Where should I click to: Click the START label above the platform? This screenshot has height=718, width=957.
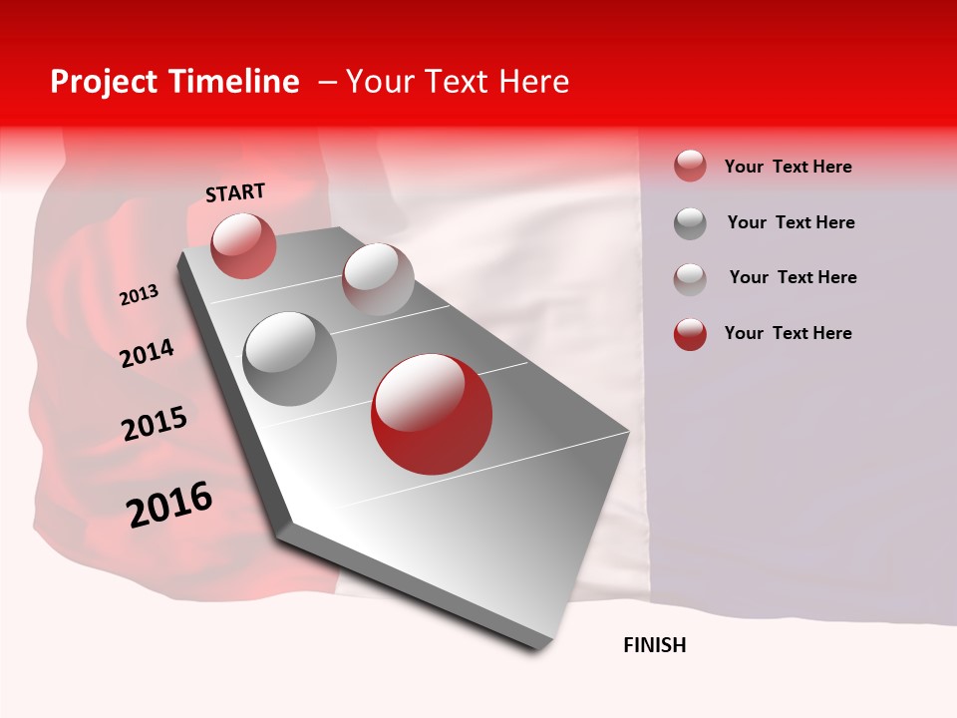tap(235, 192)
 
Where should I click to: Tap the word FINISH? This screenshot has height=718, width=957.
tap(654, 645)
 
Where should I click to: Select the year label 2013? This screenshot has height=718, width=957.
tap(139, 295)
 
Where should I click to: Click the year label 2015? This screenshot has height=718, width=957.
tap(154, 424)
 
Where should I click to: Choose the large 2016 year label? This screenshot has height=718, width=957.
tap(169, 505)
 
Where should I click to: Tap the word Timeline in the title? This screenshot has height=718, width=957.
tap(238, 82)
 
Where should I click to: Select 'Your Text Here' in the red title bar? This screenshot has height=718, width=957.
tap(458, 82)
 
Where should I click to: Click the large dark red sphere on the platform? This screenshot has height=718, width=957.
tap(432, 414)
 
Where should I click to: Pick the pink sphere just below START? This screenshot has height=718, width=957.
tap(243, 245)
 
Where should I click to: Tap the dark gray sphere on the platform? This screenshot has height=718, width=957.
tap(289, 358)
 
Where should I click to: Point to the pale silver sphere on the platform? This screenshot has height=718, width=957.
tap(377, 279)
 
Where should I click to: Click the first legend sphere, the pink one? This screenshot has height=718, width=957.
tap(690, 166)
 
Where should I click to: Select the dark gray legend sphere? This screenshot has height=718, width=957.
tap(690, 223)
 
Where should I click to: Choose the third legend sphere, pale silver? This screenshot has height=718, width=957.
tap(690, 279)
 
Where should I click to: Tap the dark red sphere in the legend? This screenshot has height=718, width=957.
tap(690, 334)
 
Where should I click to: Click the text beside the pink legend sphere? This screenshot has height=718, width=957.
tap(788, 167)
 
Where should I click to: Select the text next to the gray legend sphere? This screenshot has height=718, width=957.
tap(791, 222)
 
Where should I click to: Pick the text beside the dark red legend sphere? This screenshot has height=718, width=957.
tap(788, 333)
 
